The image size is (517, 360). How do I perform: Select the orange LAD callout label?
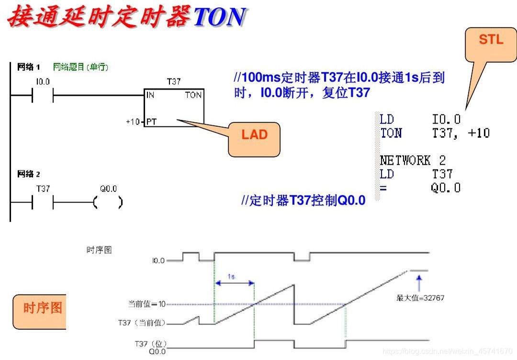pos(254,139)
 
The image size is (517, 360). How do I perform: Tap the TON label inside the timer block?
pos(193,95)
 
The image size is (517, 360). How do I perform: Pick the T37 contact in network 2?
pos(43,202)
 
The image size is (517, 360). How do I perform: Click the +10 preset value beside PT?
pos(133,122)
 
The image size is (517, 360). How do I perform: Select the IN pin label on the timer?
pos(150,95)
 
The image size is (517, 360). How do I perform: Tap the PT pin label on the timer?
pos(151,122)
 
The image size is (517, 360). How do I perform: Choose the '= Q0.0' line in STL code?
pos(420,187)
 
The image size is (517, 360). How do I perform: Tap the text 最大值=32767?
pos(420,298)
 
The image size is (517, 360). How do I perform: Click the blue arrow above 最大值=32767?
pos(419,282)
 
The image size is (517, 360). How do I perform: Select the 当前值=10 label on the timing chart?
pos(146,304)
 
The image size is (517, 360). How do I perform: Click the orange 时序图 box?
pos(42,308)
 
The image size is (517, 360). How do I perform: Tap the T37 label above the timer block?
pos(174,82)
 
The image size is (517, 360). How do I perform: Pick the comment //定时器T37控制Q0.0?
pos(303,200)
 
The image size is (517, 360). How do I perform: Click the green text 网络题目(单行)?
pos(80,67)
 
